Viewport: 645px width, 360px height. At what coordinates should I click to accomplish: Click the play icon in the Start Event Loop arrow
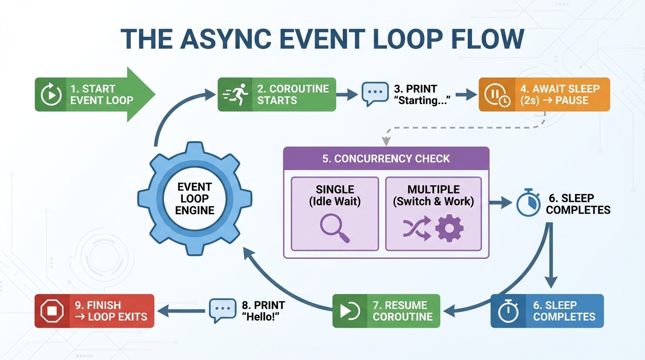click(x=52, y=95)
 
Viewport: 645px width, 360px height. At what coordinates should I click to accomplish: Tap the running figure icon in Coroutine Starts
click(x=237, y=94)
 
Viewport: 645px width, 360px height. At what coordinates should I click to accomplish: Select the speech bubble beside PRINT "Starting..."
click(x=375, y=94)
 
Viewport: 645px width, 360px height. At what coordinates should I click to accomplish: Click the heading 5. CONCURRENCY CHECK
click(x=386, y=158)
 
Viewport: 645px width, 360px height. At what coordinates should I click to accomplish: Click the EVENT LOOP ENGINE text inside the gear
click(x=195, y=199)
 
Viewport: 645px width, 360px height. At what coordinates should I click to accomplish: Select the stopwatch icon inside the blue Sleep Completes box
click(x=508, y=311)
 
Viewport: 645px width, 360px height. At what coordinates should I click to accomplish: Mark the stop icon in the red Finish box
click(x=52, y=311)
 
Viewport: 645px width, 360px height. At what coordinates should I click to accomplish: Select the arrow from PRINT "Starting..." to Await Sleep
click(x=465, y=95)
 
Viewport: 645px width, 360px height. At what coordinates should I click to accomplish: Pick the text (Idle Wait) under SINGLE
click(x=335, y=202)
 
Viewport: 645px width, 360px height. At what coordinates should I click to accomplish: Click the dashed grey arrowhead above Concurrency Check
click(x=386, y=140)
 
